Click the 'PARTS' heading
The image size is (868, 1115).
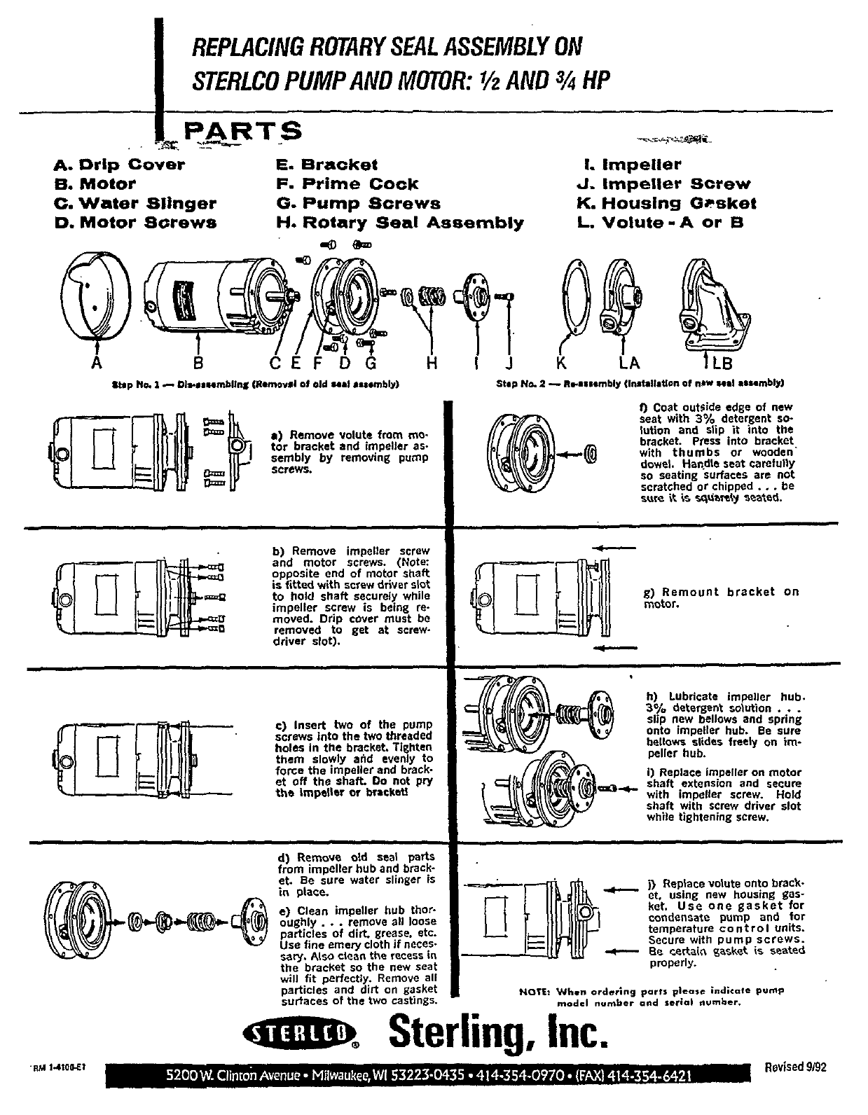pos(242,132)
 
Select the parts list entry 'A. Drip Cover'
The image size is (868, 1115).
pos(120,165)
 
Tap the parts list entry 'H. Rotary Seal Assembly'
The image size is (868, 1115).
pos(400,223)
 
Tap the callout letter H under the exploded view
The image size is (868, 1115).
pos(432,363)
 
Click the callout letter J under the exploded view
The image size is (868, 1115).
pos(509,363)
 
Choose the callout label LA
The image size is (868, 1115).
pos(628,363)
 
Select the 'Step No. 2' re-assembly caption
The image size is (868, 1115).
pos(640,384)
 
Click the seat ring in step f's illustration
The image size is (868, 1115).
pos(591,456)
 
